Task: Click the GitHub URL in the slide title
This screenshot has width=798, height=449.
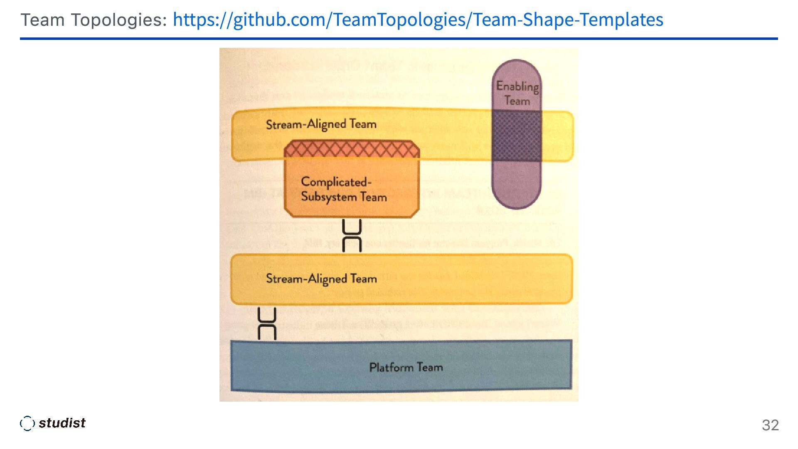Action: point(418,20)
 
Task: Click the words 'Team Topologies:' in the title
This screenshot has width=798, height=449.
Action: point(94,20)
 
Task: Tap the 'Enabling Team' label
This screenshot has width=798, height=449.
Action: point(517,93)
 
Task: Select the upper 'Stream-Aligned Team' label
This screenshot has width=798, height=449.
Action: point(321,124)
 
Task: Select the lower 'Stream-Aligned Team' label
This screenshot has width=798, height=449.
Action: point(321,279)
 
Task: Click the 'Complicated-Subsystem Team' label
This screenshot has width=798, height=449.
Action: point(344,189)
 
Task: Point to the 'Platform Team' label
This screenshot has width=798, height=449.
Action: point(406,367)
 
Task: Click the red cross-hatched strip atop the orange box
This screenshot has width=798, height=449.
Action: point(352,149)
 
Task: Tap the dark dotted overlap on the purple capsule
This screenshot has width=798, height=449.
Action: point(517,136)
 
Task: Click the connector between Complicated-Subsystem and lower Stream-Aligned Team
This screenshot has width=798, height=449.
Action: point(352,236)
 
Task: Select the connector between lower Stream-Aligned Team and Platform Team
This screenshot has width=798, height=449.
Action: point(267,323)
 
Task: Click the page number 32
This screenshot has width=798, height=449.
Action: point(770,425)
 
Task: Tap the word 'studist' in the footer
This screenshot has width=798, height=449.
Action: point(62,423)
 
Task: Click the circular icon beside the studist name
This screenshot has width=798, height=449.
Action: point(27,423)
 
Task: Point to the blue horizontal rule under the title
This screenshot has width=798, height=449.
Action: point(399,39)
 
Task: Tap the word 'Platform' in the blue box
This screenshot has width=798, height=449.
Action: point(391,367)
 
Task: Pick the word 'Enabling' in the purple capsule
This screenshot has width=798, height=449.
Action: point(517,86)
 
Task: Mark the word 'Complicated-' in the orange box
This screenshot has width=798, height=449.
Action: point(336,182)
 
